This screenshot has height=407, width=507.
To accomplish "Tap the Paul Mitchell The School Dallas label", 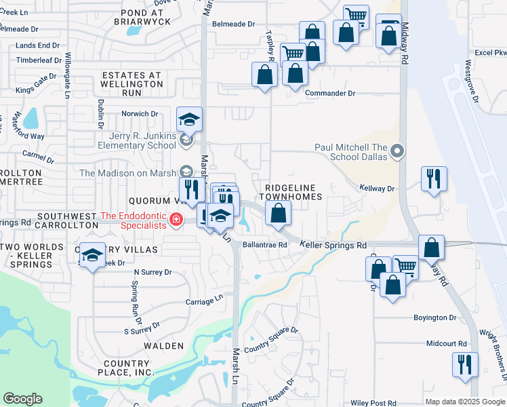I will click(351, 152).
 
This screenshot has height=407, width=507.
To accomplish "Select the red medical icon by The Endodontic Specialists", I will click(176, 219).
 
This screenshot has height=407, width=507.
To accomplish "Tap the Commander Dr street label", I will click(330, 93).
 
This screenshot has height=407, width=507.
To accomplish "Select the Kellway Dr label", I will click(377, 188).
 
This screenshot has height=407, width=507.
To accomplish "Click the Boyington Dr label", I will click(435, 317).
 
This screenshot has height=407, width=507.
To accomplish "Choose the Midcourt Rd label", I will click(447, 344).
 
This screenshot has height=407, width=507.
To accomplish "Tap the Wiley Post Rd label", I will click(373, 403).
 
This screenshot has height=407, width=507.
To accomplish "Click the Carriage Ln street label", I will click(205, 298).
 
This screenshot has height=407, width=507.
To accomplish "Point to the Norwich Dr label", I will click(139, 114).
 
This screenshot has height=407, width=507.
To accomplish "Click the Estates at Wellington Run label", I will click(131, 83).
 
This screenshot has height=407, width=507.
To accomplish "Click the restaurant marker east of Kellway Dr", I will click(434, 179).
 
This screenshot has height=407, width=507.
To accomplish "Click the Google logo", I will click(22, 399).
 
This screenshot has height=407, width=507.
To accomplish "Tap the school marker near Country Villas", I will click(93, 255).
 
